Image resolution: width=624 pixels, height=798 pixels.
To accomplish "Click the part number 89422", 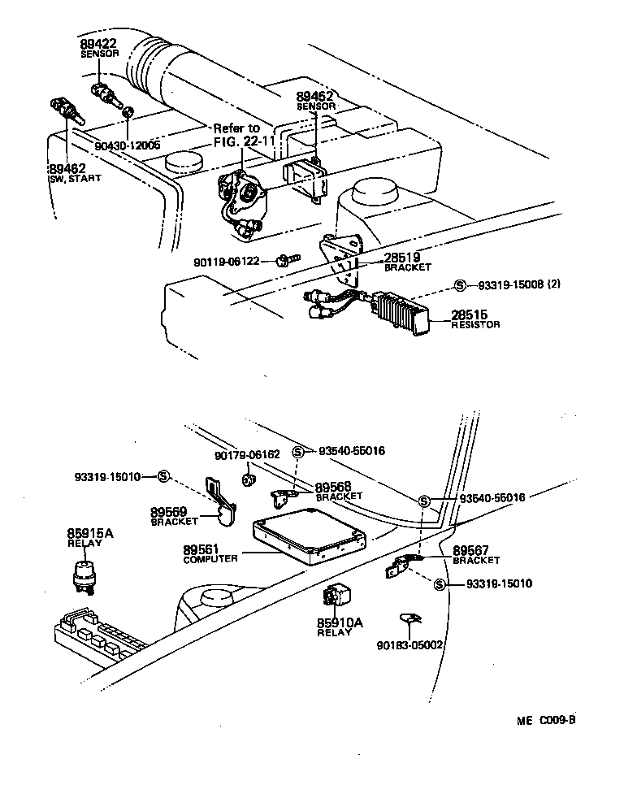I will click(97, 43).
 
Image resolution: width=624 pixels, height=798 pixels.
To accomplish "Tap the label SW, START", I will click(76, 178).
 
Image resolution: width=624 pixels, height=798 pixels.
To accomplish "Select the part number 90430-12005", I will click(128, 145).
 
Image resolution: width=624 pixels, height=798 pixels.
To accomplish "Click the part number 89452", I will click(314, 96).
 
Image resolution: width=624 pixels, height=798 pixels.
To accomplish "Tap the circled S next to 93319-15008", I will click(460, 285).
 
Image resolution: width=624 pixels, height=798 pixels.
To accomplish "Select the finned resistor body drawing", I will click(399, 312).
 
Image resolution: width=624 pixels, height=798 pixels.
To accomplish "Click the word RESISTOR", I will click(475, 324).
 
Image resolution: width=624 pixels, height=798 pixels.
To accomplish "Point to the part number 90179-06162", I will click(247, 455).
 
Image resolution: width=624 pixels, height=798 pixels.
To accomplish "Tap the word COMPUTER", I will click(210, 559).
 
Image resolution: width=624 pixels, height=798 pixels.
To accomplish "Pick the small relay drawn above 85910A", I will click(336, 598).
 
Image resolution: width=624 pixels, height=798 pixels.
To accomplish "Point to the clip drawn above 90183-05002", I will click(409, 621).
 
